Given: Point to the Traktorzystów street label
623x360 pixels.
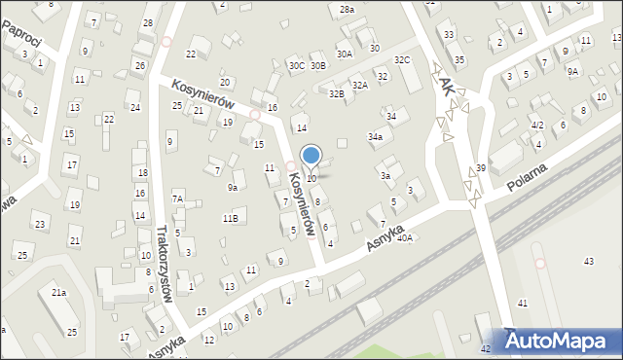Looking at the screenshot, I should coord(164,265).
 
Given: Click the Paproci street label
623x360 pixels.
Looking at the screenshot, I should coord(20,32).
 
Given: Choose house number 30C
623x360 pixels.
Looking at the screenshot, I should coord(296,66).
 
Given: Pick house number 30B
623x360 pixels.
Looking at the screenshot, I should coord(317,66).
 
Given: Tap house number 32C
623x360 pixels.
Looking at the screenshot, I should coord(402,60).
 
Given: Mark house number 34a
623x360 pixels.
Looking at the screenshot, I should coord(375,137).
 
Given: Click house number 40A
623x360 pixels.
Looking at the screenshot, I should coord(405,237).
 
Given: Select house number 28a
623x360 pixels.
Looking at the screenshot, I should coord(347,9).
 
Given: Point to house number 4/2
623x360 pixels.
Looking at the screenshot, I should coord(536,126).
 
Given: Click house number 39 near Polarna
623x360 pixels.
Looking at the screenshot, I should coord(481,168).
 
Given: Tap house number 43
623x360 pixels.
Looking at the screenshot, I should coord(588,262).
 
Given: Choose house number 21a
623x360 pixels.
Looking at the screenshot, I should coord(59,292).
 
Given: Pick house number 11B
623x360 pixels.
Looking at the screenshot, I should coord(230,218).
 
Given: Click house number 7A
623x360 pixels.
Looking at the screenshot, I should coord(178,198).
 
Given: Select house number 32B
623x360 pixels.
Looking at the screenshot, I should coord(336,94).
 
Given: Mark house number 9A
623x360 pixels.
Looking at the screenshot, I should coord(573,71).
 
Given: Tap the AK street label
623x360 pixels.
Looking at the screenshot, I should coord(447,86).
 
